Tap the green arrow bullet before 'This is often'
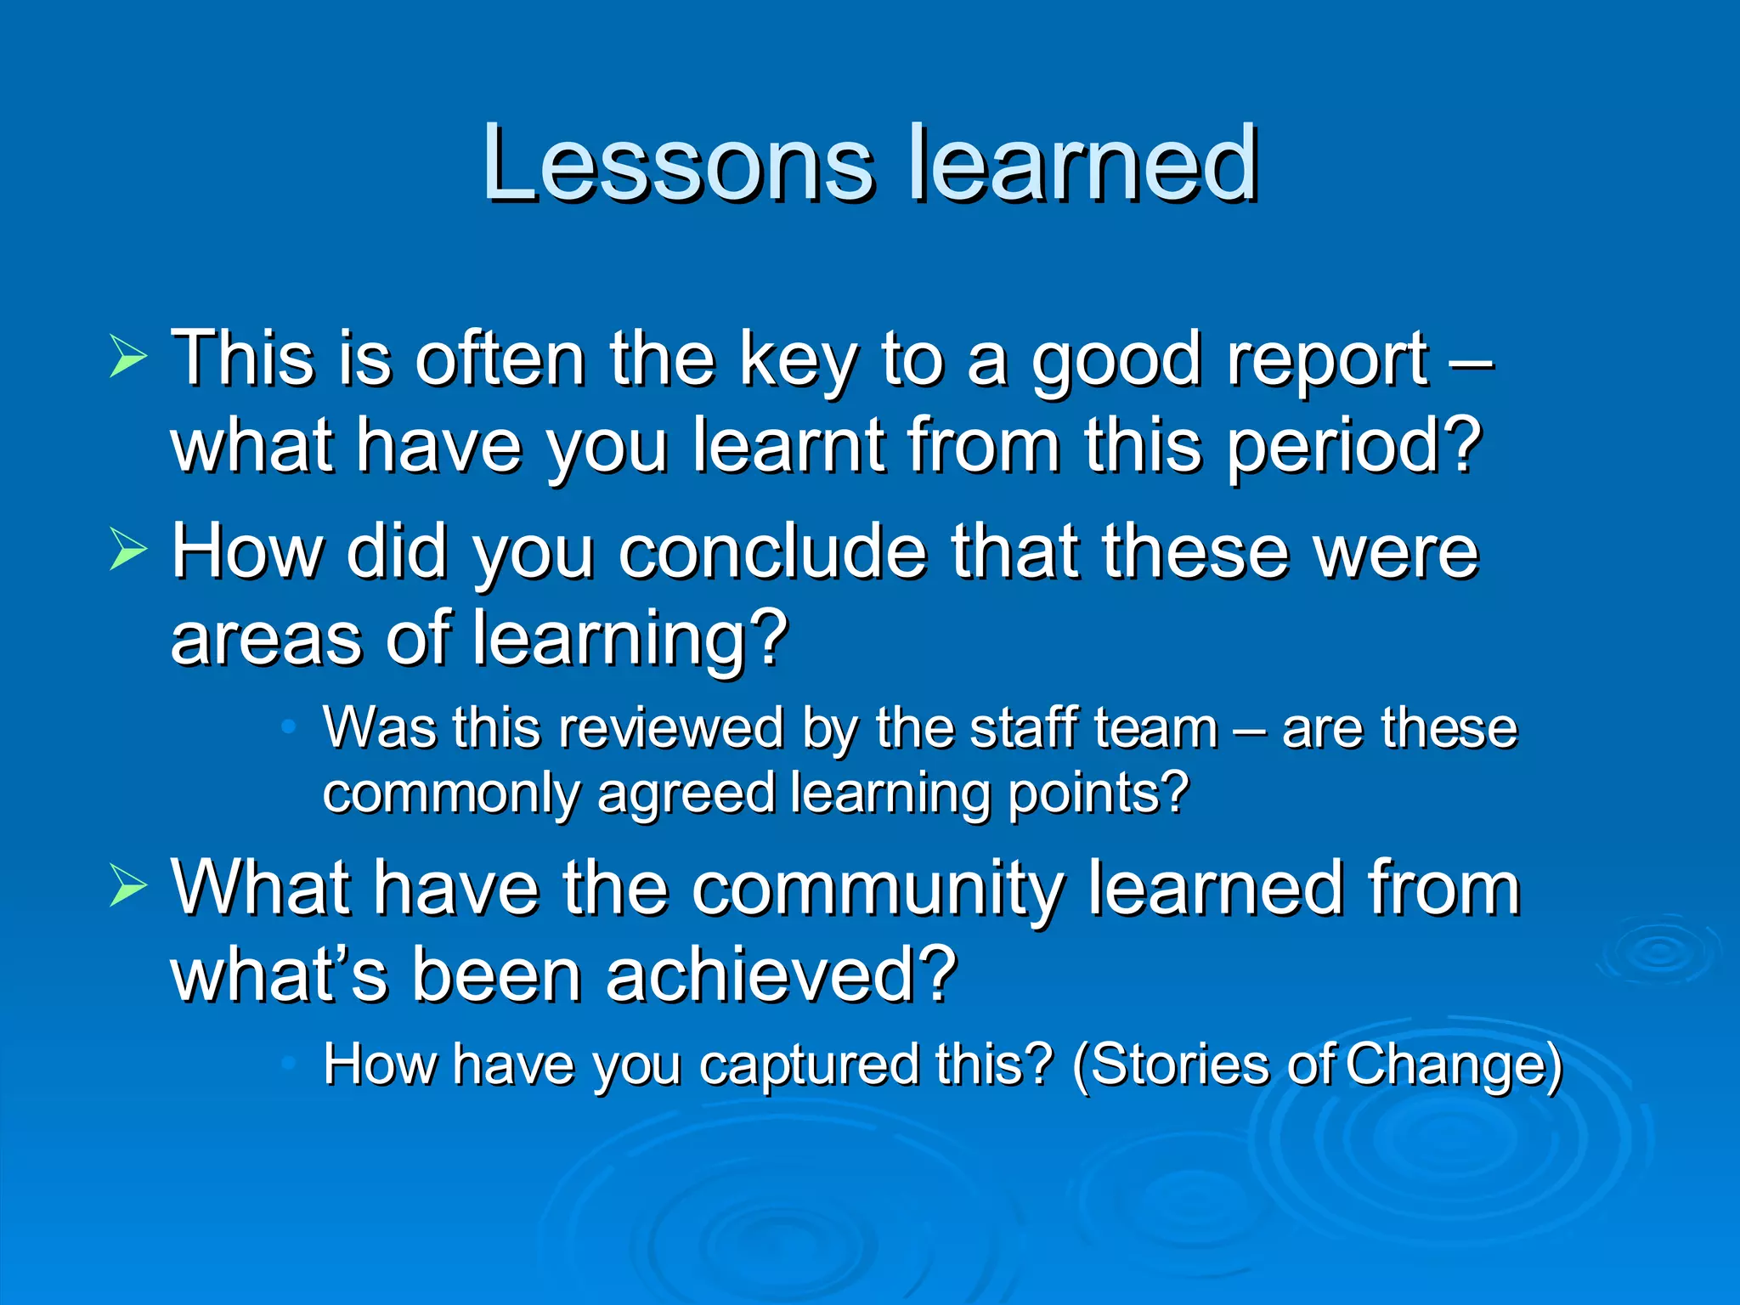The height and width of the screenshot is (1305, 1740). click(128, 356)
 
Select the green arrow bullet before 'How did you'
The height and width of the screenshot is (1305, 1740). click(128, 550)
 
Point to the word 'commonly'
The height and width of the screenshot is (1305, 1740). click(450, 794)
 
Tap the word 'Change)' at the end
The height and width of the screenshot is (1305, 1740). click(1454, 1065)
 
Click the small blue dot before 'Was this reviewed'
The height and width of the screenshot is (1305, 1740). click(289, 727)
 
